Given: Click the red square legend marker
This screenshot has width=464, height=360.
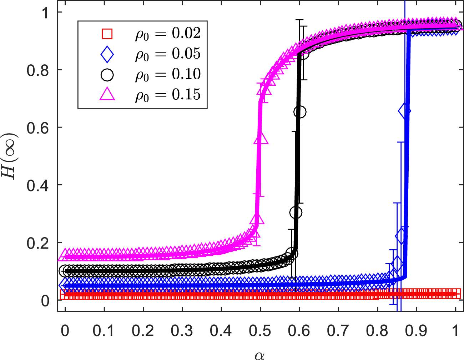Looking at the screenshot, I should [107, 34].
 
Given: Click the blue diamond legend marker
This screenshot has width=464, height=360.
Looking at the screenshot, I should [107, 55].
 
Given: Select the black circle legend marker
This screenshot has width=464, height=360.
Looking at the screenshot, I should [107, 75].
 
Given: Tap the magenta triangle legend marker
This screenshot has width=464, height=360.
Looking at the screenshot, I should [107, 95].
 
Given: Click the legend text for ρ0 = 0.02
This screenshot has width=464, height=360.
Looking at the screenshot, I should [168, 34].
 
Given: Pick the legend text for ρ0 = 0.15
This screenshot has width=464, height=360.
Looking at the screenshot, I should [168, 95].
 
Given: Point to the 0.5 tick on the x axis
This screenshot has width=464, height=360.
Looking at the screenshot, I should [260, 331].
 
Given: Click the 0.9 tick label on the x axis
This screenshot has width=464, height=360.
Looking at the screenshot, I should [416, 331].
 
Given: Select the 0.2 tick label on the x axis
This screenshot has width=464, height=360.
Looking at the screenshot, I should [143, 331].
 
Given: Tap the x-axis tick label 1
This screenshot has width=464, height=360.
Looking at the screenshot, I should [455, 331].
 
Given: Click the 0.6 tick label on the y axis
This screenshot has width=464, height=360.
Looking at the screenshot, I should [38, 127].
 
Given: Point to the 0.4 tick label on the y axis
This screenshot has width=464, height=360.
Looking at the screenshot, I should [38, 185].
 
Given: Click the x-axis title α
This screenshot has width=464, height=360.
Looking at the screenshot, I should [260, 355].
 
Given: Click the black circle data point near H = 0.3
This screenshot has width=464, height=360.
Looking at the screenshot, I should [296, 212].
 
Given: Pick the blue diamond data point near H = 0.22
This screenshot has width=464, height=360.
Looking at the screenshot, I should [401, 236].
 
